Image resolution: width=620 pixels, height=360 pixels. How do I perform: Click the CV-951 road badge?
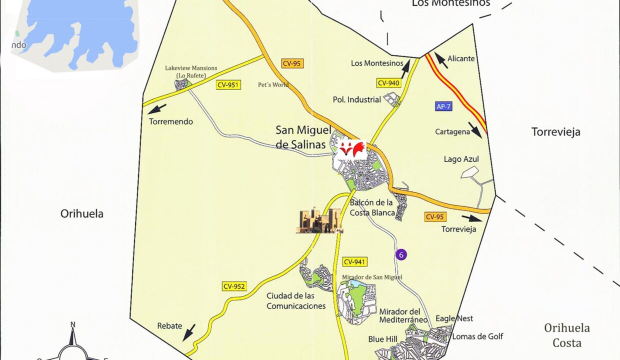(228, 85)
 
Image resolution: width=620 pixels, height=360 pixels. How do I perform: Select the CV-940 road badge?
(388, 83)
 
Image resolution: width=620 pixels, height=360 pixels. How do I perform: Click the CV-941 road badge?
(355, 261)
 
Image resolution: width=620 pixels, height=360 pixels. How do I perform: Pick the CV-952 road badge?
(234, 286)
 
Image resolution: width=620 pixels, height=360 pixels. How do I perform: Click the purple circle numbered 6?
(401, 254)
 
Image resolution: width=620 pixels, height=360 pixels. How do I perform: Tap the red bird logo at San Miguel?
(352, 149)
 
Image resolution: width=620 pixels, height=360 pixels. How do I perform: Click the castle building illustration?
(318, 221)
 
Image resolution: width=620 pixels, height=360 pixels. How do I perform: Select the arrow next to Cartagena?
(475, 130)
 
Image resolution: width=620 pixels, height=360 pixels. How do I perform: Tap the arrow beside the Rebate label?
(189, 332)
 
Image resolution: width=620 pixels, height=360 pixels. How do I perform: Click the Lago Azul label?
(461, 159)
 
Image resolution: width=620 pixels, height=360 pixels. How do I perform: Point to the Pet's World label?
(273, 84)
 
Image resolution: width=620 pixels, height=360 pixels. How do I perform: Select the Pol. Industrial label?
(356, 99)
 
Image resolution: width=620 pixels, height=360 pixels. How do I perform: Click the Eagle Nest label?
(454, 318)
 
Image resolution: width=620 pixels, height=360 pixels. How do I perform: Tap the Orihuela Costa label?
(566, 335)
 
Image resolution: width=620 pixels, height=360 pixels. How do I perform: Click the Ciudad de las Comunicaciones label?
(296, 301)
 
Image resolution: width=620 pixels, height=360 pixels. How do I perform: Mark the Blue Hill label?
(382, 339)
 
